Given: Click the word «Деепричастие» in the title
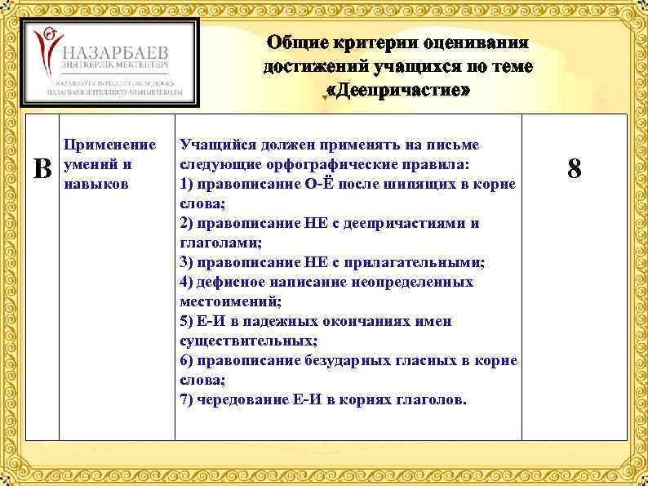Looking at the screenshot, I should (x=398, y=88).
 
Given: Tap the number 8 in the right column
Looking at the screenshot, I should (x=575, y=169).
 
